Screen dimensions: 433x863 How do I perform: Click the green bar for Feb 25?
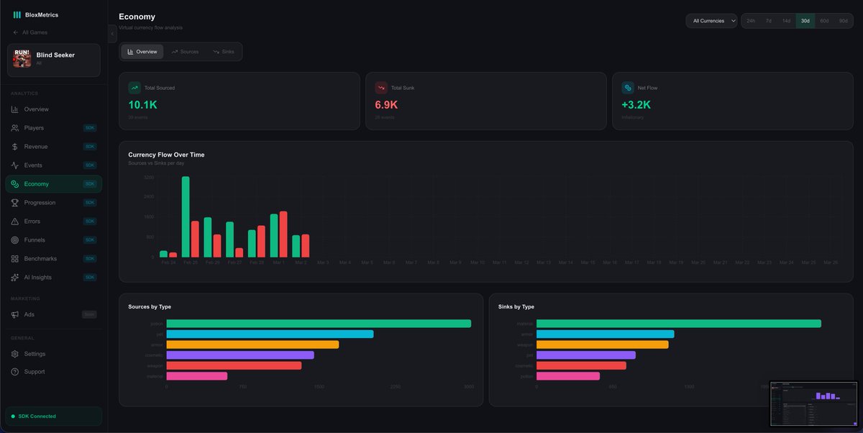coord(186,216)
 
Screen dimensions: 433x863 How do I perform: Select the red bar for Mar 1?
coord(283,234)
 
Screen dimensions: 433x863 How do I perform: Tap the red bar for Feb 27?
coord(239,252)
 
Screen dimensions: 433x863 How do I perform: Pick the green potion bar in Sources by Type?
coord(319,324)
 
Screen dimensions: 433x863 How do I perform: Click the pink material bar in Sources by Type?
coord(197,375)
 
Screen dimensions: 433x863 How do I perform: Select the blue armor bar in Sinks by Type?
coord(605,334)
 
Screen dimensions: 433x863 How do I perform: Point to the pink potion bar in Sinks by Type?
coord(568,375)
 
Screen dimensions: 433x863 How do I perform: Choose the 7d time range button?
coord(769,21)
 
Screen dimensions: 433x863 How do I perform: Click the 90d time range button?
coord(843,21)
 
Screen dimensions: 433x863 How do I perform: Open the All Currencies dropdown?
coord(711,21)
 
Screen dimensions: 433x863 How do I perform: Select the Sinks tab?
coord(224,52)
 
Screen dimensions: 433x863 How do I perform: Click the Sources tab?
coord(185,52)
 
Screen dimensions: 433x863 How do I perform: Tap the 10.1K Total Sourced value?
coord(142,105)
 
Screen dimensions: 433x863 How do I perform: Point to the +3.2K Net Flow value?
coord(636,105)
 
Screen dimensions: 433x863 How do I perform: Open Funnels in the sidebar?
coord(35,240)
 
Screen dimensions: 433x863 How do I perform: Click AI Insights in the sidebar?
coord(37,278)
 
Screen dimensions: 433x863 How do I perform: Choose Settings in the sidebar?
coord(35,354)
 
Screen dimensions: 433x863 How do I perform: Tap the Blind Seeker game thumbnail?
coord(22,58)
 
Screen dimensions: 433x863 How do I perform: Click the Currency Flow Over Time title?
coord(166,155)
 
